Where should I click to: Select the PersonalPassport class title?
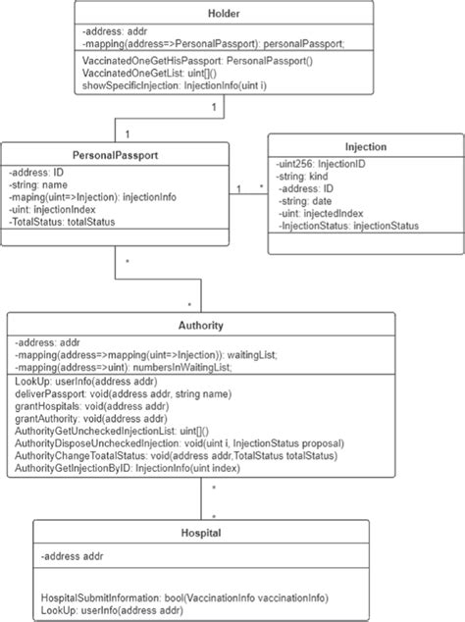pos(116,154)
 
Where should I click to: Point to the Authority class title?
pos(202,325)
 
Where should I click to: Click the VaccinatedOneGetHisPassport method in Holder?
pos(182,62)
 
